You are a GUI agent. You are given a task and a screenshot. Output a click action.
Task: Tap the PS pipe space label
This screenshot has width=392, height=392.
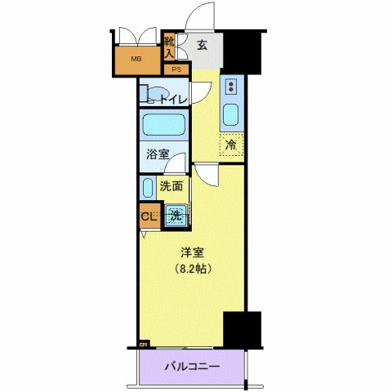(176, 69)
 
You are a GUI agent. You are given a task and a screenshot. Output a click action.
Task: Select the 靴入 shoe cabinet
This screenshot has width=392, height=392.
(169, 46)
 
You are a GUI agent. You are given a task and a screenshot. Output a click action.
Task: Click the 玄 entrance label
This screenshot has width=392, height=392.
(202, 46)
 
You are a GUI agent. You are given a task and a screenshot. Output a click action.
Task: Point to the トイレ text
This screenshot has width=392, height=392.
(172, 99)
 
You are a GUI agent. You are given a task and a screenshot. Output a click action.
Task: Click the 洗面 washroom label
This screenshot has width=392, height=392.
(171, 186)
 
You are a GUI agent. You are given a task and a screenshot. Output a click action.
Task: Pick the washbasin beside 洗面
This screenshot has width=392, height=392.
(147, 189)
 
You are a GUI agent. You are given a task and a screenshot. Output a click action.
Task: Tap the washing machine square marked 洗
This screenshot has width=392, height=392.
(176, 216)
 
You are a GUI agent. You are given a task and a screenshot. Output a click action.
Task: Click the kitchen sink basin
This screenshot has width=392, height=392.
(231, 115)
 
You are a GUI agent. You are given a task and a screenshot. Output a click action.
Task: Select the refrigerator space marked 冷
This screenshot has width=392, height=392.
(231, 145)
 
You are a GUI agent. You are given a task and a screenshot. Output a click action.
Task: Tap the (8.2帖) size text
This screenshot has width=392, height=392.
(192, 269)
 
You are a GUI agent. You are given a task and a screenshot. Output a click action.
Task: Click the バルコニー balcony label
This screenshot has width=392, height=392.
(190, 367)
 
